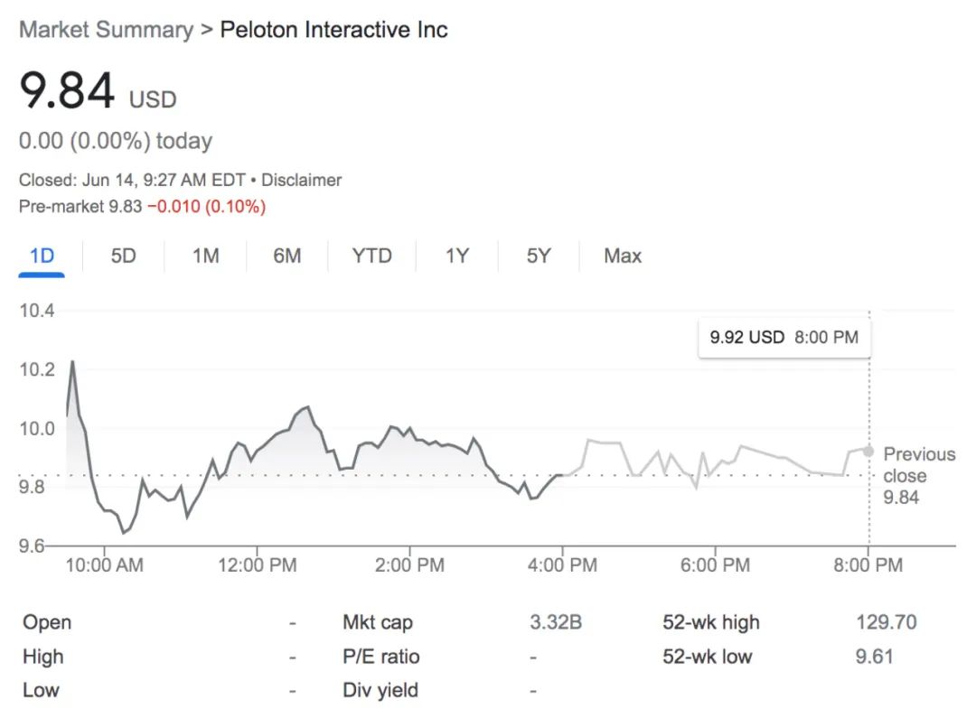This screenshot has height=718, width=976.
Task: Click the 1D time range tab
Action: [42, 256]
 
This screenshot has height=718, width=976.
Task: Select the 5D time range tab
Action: [123, 256]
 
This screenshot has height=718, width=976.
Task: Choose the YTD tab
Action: [371, 256]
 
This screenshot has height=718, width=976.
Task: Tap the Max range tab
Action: [623, 256]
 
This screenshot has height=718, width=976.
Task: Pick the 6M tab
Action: [287, 256]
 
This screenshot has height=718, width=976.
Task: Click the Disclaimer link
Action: [301, 180]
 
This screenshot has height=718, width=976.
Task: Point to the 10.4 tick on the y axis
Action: [37, 310]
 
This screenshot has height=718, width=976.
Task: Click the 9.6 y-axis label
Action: [31, 545]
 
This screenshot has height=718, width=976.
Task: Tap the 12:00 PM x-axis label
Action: [257, 565]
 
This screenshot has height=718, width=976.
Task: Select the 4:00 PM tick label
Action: [562, 565]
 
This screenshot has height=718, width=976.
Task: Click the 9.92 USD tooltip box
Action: [784, 337]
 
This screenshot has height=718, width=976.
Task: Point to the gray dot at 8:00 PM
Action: [868, 451]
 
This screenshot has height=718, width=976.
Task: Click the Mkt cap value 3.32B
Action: [556, 622]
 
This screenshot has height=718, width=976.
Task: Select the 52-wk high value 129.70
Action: [887, 622]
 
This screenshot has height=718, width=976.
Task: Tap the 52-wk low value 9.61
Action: [875, 657]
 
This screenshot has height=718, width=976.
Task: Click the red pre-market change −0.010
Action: [174, 207]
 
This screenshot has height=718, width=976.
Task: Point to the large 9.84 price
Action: [67, 91]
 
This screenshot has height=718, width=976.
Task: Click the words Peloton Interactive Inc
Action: [333, 30]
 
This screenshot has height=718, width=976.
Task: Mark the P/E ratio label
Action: [381, 657]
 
